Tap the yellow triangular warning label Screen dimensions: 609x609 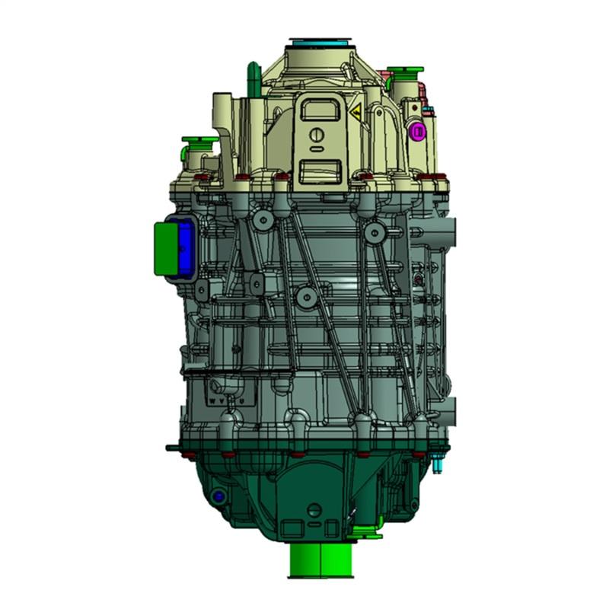click(355, 112)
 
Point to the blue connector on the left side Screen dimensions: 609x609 click(183, 248)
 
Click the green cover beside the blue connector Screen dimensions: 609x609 click(163, 247)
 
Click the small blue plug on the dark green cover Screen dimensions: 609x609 click(219, 496)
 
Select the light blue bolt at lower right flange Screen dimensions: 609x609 click(440, 460)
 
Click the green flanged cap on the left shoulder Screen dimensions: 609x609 click(198, 142)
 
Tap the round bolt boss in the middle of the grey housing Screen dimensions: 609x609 click(305, 295)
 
